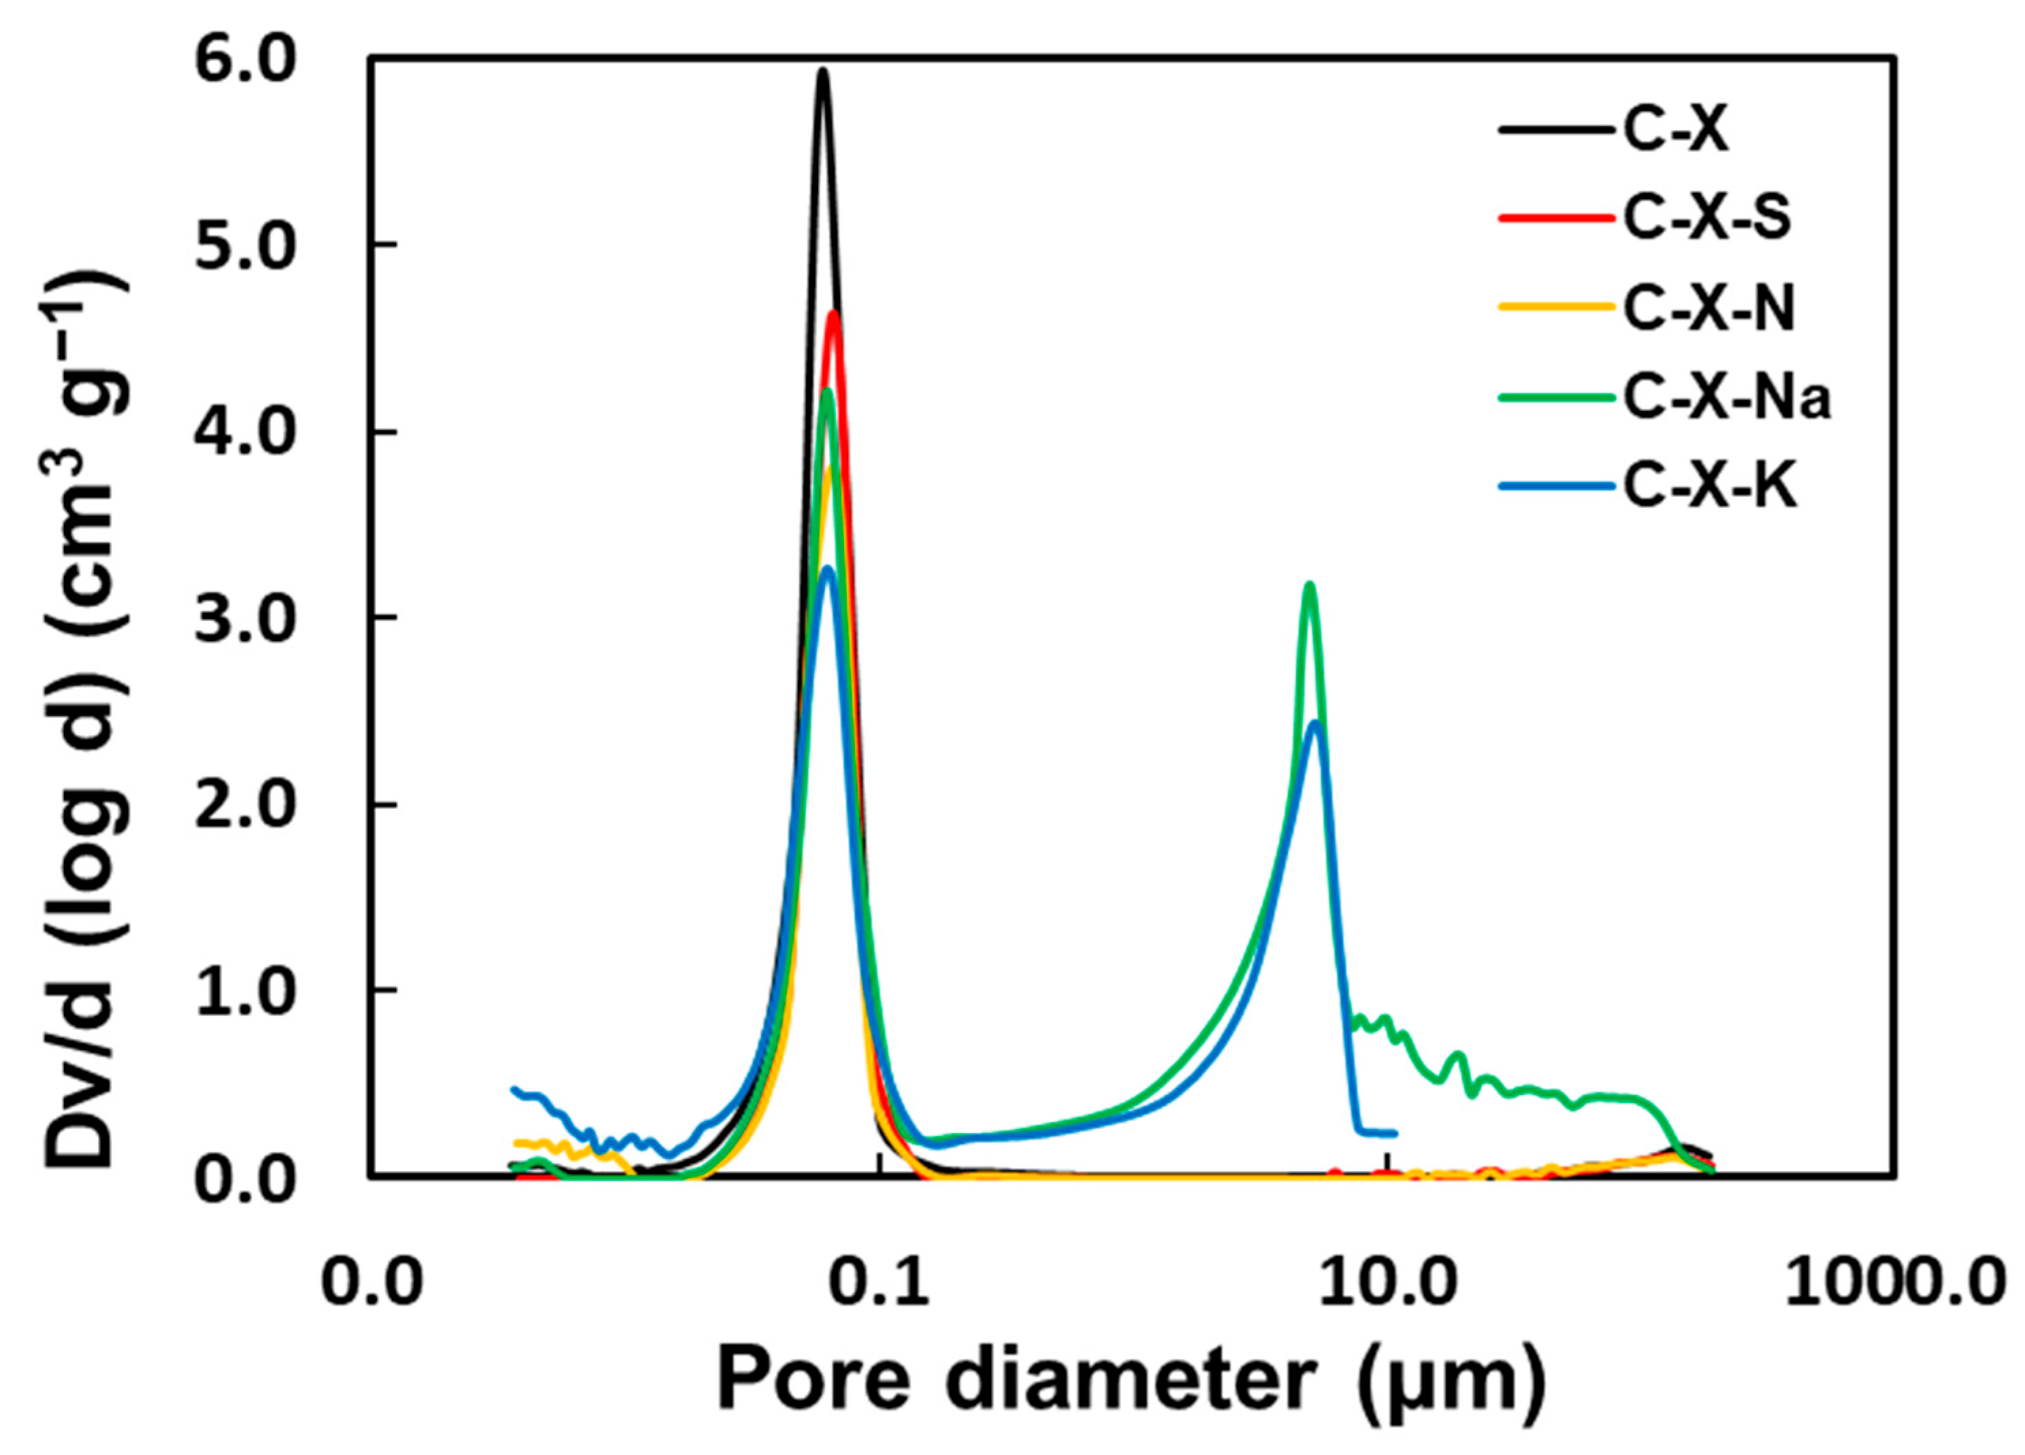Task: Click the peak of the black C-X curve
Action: [823, 71]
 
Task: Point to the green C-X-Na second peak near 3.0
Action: [1310, 585]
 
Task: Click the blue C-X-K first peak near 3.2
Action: [828, 569]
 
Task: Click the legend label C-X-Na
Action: [1726, 398]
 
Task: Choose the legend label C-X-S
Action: [1706, 218]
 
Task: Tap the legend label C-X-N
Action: [1708, 309]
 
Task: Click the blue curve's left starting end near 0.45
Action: [515, 1089]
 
